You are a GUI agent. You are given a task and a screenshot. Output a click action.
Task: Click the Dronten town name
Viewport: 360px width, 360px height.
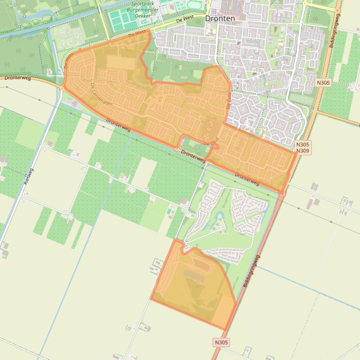220,19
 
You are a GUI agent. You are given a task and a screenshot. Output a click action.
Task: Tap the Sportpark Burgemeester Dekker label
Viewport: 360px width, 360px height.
142,9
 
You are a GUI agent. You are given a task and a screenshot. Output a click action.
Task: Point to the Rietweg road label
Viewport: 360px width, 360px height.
28,176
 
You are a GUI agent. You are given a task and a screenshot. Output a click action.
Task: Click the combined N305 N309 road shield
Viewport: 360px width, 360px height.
303,148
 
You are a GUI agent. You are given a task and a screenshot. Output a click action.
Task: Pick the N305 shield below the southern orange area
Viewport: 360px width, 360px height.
221,343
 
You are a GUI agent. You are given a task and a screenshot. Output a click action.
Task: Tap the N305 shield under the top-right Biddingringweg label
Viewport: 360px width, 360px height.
323,83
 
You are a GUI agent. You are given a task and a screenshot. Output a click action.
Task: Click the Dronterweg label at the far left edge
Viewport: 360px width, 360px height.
18,78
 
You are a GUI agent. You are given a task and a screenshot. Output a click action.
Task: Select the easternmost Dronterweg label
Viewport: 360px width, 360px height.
247,179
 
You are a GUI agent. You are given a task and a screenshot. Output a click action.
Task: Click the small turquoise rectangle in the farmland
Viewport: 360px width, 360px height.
169,211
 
